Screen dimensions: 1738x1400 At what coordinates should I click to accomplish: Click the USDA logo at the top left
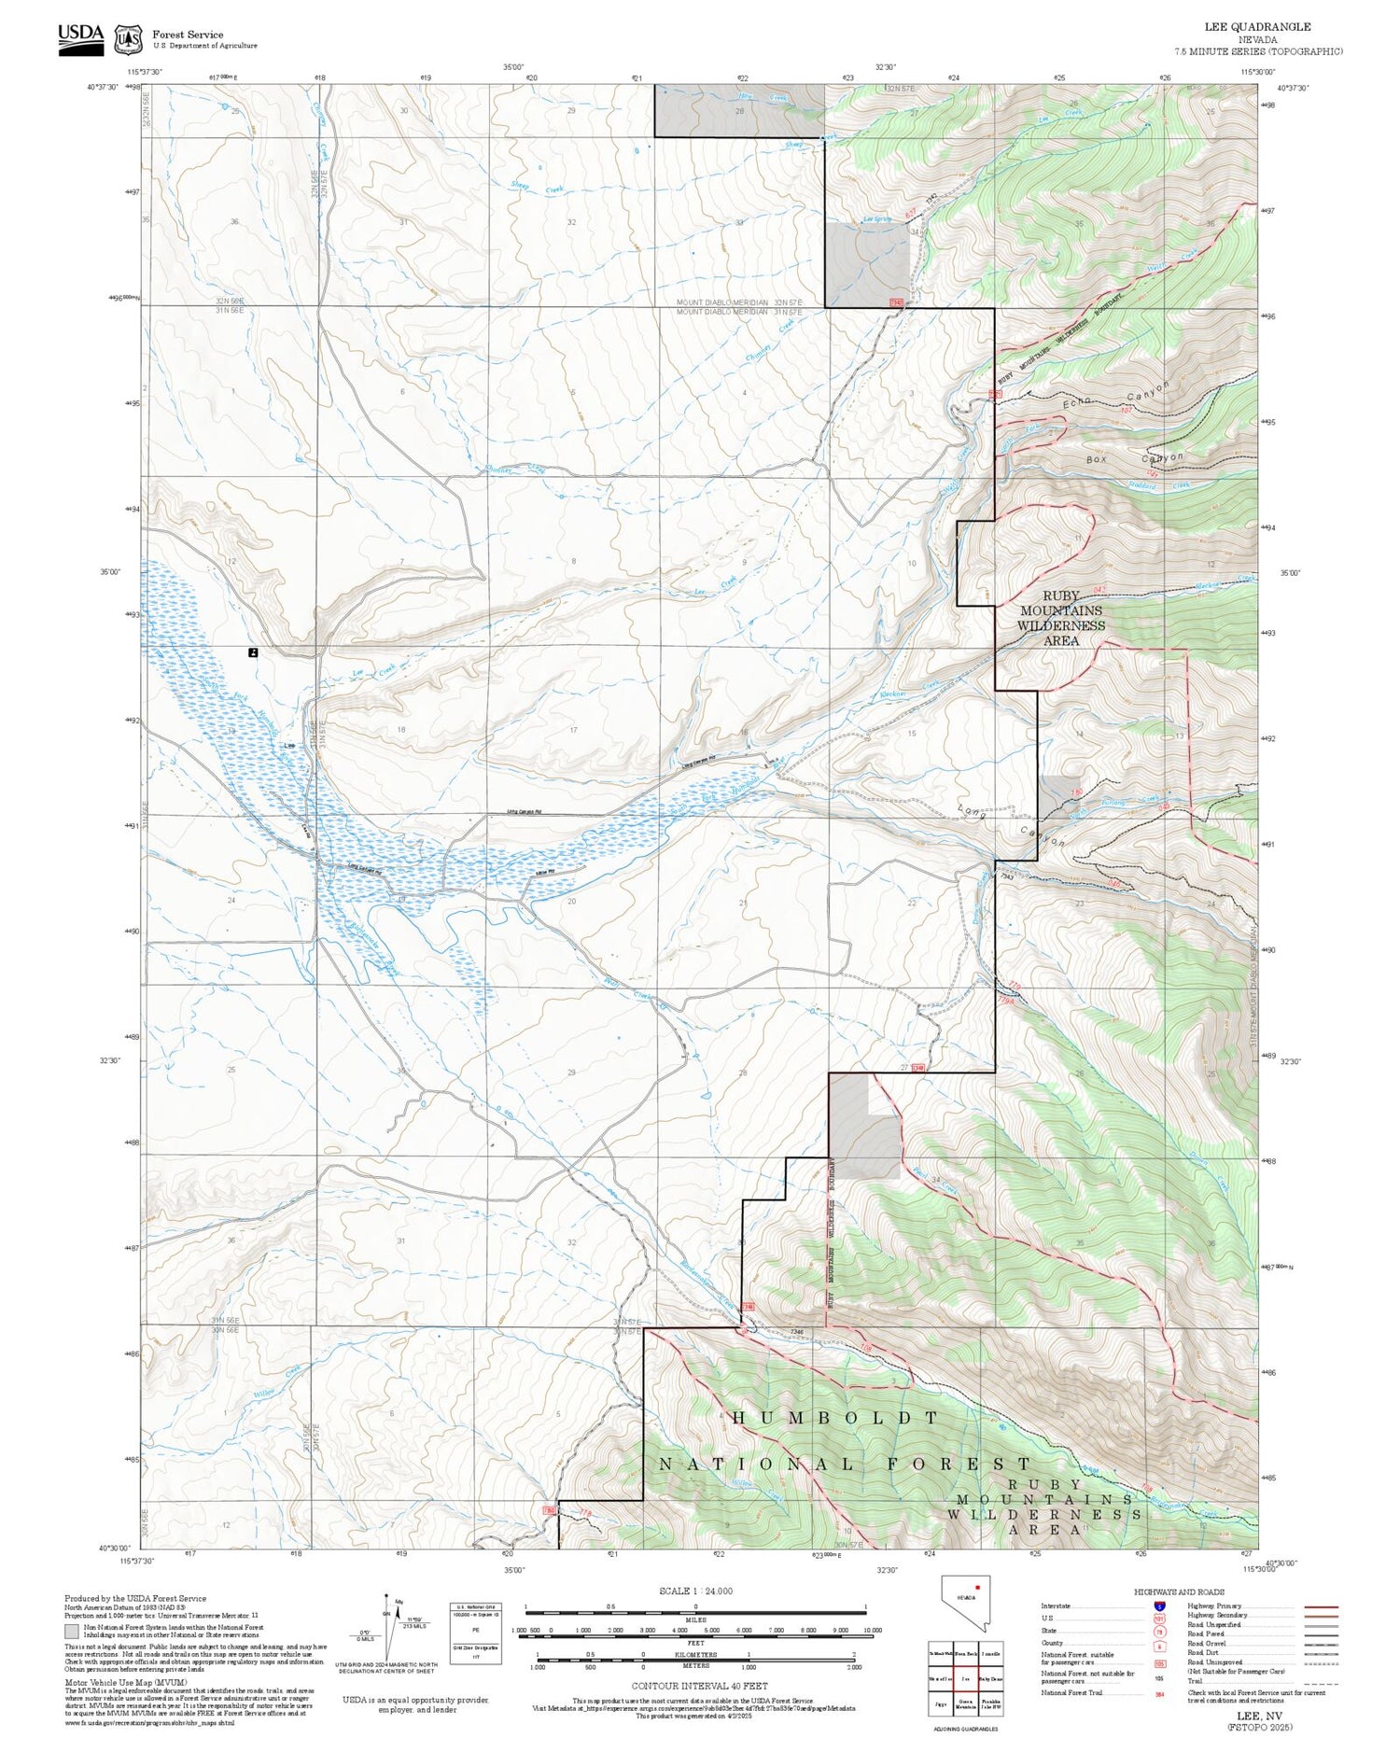tap(80, 38)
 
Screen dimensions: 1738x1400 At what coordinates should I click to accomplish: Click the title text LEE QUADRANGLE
tap(1257, 27)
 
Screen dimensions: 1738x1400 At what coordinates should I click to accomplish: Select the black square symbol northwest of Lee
tap(253, 652)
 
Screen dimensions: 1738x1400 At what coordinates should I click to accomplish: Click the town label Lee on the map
tap(289, 745)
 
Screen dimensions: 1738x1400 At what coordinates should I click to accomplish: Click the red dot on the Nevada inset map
tap(977, 1586)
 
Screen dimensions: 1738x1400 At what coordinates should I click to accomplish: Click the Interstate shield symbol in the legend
tap(1159, 1606)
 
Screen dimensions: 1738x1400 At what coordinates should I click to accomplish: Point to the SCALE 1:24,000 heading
tap(695, 1591)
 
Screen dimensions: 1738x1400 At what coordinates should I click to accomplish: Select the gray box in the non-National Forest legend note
tap(71, 1632)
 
